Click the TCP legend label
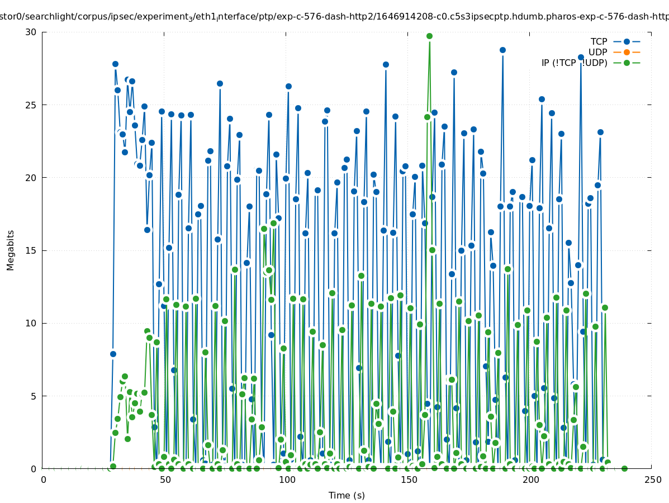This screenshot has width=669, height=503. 599,41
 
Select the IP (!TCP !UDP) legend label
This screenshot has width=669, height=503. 574,63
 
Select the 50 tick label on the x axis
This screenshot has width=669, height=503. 165,480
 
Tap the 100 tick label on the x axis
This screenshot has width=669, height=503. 287,480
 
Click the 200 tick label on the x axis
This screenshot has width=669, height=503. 530,480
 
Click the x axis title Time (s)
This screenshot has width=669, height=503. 347,495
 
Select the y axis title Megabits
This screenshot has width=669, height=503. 11,250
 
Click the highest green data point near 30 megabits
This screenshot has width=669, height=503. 429,36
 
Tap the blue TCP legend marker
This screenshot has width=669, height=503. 627,41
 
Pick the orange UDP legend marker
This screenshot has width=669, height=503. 627,52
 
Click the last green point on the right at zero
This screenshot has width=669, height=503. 624,468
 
